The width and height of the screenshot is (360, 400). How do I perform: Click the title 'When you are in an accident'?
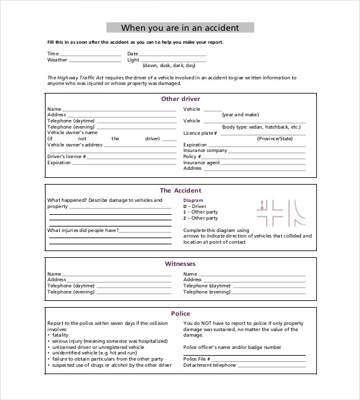(180, 28)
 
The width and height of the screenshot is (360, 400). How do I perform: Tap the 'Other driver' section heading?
(180, 98)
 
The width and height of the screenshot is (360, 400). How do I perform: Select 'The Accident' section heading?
(180, 191)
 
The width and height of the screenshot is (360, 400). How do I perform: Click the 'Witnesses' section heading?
(180, 264)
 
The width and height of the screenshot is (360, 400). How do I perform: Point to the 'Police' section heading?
(180, 314)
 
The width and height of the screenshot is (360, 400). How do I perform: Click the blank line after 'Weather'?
(95, 60)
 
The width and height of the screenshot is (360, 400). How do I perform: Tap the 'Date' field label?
(134, 54)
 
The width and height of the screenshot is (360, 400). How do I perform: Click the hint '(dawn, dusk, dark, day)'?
(169, 65)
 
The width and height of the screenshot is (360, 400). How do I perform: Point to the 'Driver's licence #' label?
(66, 156)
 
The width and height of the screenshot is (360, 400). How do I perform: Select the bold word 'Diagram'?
(193, 201)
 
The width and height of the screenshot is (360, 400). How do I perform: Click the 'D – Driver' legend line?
(195, 206)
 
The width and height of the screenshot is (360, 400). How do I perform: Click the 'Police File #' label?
(197, 359)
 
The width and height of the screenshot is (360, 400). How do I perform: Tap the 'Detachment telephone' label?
(210, 365)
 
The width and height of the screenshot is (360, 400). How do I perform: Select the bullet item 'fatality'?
(60, 335)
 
